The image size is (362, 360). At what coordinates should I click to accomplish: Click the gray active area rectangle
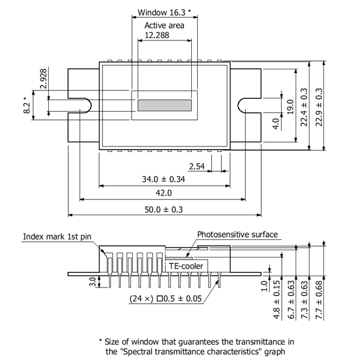click(165, 105)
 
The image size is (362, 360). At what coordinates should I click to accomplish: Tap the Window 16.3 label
click(165, 12)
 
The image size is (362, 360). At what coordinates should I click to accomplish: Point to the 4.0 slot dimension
click(275, 124)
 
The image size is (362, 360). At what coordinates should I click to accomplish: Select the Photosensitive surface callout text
click(237, 235)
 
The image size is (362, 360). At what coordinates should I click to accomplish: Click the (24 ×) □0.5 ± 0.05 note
click(166, 297)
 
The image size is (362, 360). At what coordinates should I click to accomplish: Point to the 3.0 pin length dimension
click(92, 283)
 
